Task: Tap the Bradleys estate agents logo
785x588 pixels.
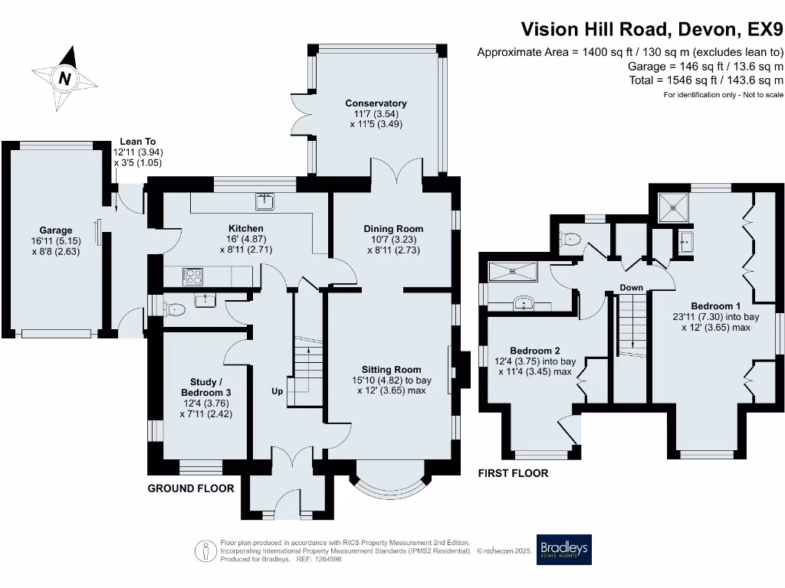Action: (x=563, y=549)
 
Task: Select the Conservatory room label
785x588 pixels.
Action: (x=376, y=103)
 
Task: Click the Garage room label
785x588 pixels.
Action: (x=56, y=230)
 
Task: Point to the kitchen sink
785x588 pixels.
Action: (x=265, y=202)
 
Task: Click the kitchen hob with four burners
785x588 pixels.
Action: (x=192, y=276)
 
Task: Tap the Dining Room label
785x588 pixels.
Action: (x=393, y=228)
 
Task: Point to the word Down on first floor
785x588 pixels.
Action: (x=632, y=288)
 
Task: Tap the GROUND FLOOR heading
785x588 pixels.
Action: (x=190, y=488)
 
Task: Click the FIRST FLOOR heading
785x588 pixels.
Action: (x=513, y=473)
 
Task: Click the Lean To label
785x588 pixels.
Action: (x=138, y=142)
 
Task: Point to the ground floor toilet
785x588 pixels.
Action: (x=176, y=310)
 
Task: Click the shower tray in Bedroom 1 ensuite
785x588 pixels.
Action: (x=673, y=207)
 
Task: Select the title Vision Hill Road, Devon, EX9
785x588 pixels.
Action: (x=652, y=29)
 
